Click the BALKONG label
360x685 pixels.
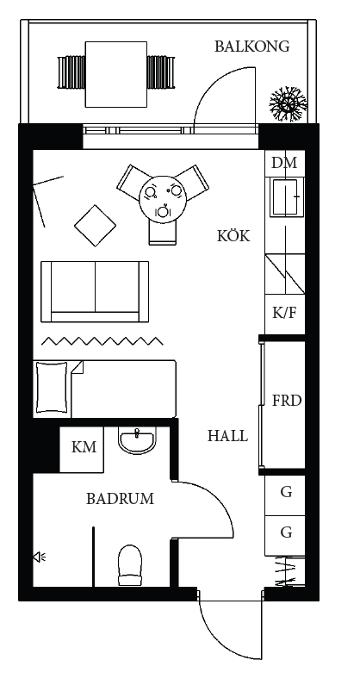[251, 47]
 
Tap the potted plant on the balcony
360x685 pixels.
[288, 104]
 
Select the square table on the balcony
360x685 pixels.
[115, 74]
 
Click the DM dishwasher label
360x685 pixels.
[284, 163]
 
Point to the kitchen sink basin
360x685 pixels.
[285, 197]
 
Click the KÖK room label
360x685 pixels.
[233, 236]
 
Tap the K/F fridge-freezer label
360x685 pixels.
[284, 313]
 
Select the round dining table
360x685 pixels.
[163, 199]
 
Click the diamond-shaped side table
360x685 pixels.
[96, 226]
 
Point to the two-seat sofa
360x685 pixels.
[95, 291]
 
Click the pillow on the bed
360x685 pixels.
[53, 388]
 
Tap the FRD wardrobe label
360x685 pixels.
[287, 401]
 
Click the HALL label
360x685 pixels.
[227, 436]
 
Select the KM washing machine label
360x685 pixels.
[84, 447]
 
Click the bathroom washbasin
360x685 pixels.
[137, 441]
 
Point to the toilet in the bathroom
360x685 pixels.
[130, 565]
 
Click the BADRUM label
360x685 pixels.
[120, 499]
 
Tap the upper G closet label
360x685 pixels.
[286, 492]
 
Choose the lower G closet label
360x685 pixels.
[286, 532]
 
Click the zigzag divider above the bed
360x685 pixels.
[102, 340]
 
